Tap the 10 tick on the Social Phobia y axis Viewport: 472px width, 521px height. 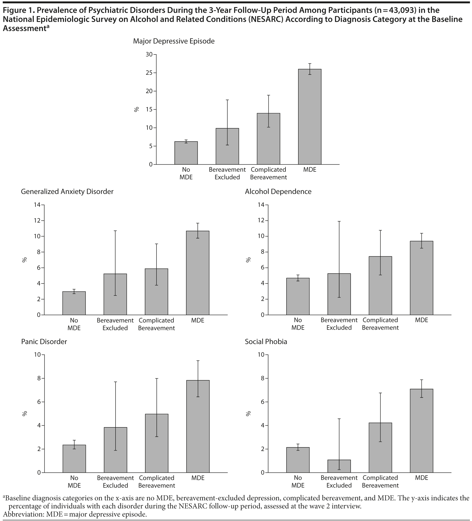tap(261, 355)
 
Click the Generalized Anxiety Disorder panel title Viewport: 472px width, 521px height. tap(67, 192)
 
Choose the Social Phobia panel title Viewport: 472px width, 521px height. tap(266, 342)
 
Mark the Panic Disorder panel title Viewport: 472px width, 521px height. tap(44, 342)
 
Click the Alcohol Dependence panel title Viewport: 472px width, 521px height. tap(278, 192)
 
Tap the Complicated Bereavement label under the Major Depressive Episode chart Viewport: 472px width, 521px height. tap(268, 174)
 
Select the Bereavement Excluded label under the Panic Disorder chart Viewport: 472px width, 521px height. tap(115, 482)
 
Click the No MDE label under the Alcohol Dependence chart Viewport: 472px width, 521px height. tap(298, 324)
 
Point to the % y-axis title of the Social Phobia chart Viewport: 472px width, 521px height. tap(248, 414)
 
